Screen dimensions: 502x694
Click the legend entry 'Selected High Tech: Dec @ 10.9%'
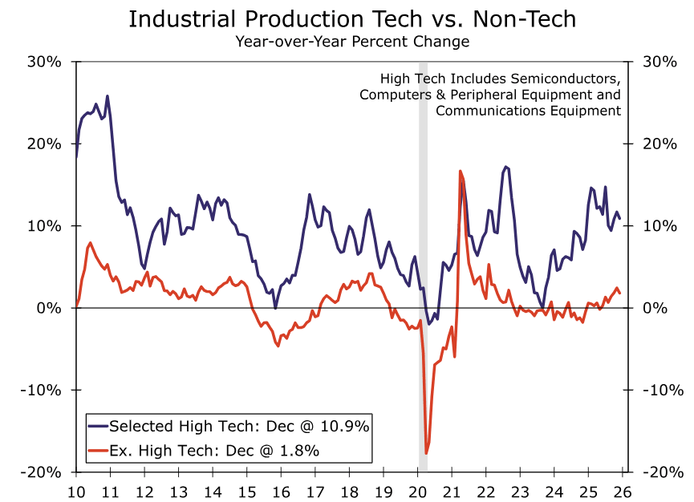pos(239,426)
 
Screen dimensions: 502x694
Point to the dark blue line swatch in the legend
pos(97,426)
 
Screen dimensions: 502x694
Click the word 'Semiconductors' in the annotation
pos(568,79)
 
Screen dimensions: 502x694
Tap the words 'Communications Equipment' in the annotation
pos(529,111)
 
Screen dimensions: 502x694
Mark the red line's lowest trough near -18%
pos(426,454)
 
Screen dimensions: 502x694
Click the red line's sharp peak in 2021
pos(461,171)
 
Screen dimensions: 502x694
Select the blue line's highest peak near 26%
pos(108,96)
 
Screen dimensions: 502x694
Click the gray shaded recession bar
pos(424,241)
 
